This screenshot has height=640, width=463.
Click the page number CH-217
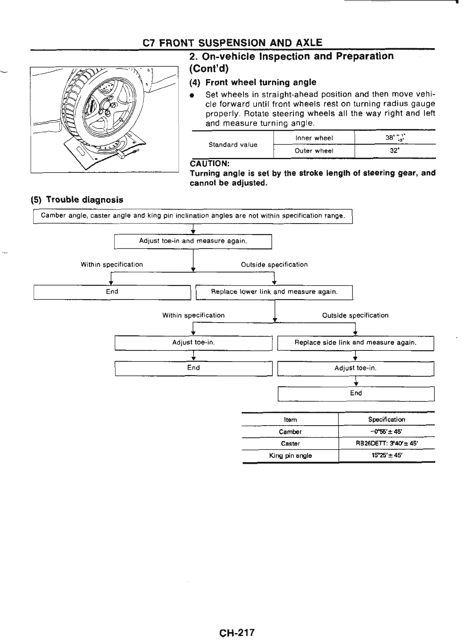click(x=236, y=622)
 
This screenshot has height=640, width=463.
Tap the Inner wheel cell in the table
click(x=314, y=138)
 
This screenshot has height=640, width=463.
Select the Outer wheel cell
click(x=314, y=151)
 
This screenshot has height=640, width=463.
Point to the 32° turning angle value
click(x=395, y=151)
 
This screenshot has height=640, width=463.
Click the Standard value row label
click(x=233, y=144)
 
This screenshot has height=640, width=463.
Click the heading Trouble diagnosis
click(x=77, y=200)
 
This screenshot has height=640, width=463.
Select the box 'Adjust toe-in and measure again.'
click(x=193, y=241)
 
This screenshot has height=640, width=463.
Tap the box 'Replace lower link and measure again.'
click(x=274, y=292)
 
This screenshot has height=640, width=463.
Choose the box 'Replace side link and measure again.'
click(x=355, y=342)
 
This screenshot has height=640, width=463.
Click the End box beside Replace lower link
click(x=112, y=292)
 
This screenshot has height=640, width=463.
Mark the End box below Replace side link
click(x=356, y=393)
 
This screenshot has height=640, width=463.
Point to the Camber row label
click(x=290, y=432)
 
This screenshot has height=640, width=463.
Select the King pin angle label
click(x=290, y=456)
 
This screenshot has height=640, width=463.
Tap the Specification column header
click(x=386, y=420)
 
